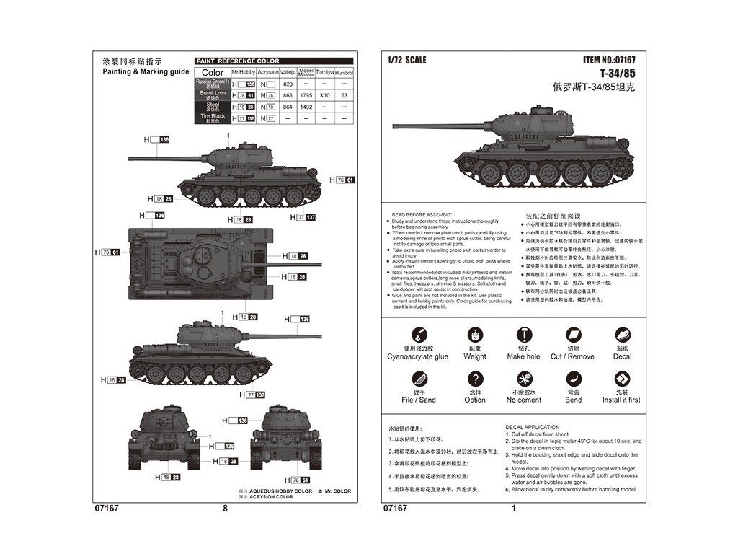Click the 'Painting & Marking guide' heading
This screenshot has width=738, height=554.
click(146, 71)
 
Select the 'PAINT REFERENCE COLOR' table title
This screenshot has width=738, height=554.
click(239, 61)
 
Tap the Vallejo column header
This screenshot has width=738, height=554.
click(288, 73)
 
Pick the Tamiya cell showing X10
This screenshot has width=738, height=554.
click(324, 95)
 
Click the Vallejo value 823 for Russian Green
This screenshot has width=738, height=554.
click(288, 84)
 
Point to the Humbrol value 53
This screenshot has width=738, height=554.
click(344, 95)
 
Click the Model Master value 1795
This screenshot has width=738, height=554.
click(306, 95)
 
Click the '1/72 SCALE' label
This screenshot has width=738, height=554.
click(406, 60)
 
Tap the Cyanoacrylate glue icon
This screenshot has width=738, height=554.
click(417, 335)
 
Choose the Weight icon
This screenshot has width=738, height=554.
click(475, 335)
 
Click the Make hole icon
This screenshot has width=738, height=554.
click(524, 335)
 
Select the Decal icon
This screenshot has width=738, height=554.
click(622, 335)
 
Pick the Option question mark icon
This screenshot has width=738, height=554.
click(475, 379)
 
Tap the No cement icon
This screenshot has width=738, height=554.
click(524, 379)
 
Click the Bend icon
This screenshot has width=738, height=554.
click(574, 379)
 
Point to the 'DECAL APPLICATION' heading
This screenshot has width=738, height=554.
click(533, 428)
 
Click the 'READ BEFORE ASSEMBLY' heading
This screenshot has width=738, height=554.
click(422, 215)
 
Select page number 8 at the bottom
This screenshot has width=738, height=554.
click(225, 508)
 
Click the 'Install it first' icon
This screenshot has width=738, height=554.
click(621, 379)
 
